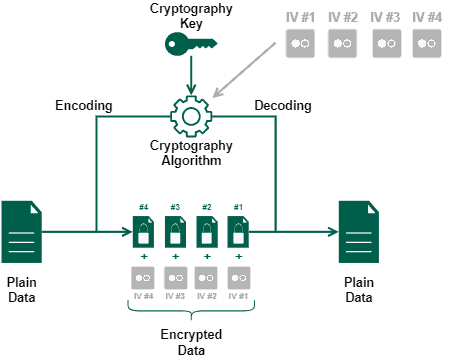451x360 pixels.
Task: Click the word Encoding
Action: tap(82, 105)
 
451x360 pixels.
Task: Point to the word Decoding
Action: tap(282, 105)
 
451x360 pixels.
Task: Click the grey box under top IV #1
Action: tap(300, 43)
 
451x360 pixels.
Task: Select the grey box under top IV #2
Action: tap(342, 43)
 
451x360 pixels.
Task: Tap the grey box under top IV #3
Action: tap(385, 43)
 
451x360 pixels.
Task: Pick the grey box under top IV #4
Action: tap(427, 43)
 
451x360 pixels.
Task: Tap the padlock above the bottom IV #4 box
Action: tap(144, 235)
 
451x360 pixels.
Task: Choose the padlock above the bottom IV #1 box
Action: tap(237, 235)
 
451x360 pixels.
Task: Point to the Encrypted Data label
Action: tap(191, 341)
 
